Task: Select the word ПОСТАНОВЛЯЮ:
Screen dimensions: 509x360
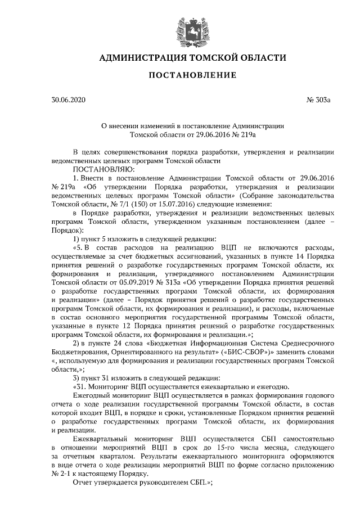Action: click(x=96, y=169)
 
